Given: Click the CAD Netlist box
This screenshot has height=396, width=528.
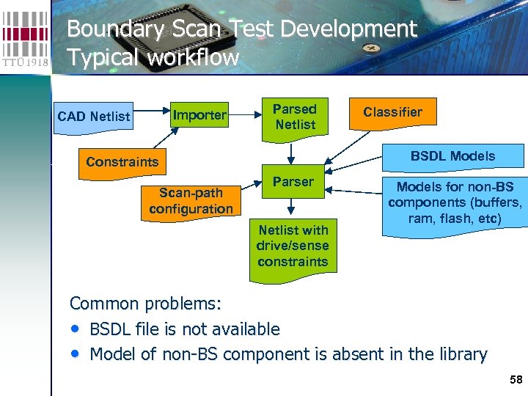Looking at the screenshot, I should [94, 116].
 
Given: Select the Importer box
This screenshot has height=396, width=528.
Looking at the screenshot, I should [199, 115].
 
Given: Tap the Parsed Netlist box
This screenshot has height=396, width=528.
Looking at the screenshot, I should [294, 117].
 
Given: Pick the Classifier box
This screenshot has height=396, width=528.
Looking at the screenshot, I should [392, 112].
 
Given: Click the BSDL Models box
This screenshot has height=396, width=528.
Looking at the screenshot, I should [452, 156].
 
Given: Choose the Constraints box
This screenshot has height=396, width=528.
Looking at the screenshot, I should [122, 161].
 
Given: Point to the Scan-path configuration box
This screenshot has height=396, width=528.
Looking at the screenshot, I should [191, 200].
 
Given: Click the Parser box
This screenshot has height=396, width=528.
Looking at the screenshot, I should [293, 182].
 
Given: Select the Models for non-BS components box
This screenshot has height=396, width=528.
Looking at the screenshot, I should [455, 203].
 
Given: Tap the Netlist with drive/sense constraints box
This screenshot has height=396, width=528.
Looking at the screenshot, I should [293, 246].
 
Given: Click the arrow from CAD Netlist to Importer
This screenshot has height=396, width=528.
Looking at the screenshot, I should [150, 114].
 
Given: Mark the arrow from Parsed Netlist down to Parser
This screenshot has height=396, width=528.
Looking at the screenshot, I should [292, 152].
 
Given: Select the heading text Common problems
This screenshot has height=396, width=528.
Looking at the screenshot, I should [145, 304].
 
